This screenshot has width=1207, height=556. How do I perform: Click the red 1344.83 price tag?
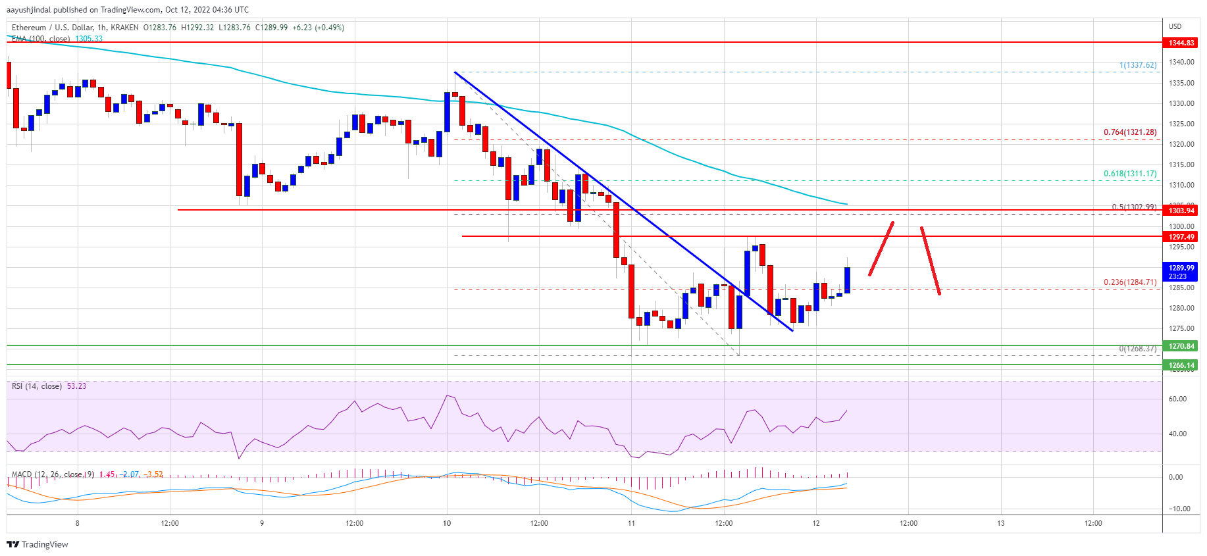click(x=1181, y=43)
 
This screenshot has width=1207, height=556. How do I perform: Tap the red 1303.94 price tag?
click(x=1181, y=211)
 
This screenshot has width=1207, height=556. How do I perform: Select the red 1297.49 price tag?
click(x=1181, y=237)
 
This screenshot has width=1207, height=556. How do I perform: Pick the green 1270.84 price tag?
click(x=1181, y=346)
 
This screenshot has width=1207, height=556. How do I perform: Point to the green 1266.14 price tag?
click(x=1181, y=365)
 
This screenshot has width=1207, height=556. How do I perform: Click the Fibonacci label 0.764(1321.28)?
click(x=1129, y=132)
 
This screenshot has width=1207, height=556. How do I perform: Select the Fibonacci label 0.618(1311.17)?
click(x=1129, y=174)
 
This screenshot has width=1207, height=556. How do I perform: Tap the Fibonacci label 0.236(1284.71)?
click(x=1129, y=282)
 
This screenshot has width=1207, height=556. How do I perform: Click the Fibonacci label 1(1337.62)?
click(x=1137, y=65)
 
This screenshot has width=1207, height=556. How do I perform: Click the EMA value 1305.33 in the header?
click(x=89, y=39)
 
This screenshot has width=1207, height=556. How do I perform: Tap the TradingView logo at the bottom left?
click(x=38, y=544)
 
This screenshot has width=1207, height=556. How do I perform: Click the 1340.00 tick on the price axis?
click(x=1181, y=63)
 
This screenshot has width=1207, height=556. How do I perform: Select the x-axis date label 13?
click(x=1000, y=524)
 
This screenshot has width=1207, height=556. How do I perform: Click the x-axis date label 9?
click(x=262, y=524)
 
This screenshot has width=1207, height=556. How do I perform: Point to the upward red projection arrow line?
click(x=881, y=249)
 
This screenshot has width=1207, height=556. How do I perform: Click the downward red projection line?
click(x=930, y=261)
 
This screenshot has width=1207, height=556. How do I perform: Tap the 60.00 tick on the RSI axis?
click(x=1177, y=399)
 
